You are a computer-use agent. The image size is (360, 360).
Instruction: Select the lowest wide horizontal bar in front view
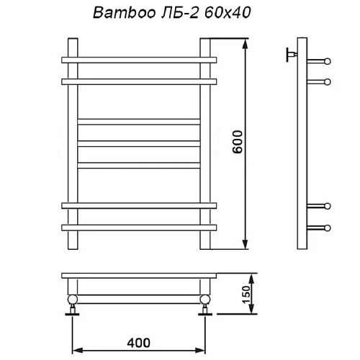(138, 228)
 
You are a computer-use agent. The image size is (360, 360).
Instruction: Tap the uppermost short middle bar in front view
(138, 121)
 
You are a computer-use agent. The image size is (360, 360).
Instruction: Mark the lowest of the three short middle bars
(138, 165)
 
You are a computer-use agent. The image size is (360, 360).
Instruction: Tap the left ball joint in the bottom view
(73, 300)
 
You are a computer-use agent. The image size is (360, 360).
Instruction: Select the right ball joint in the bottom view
(204, 300)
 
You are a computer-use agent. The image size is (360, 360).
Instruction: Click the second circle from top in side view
(328, 82)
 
